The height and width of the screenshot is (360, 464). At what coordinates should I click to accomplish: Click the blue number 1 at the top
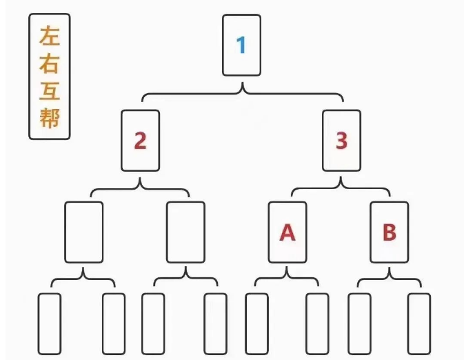click(241, 46)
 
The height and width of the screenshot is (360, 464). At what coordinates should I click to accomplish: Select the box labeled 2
click(140, 141)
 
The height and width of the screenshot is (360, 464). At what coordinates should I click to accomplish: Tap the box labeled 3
click(341, 141)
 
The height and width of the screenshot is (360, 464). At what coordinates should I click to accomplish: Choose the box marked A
click(288, 232)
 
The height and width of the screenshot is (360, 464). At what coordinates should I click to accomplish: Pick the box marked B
click(389, 232)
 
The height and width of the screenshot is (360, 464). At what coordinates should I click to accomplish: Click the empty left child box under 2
click(84, 232)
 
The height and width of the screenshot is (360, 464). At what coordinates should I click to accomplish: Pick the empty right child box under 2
click(185, 232)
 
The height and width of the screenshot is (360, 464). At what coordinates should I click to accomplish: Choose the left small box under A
click(256, 324)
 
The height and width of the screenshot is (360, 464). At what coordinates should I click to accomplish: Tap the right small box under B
click(418, 324)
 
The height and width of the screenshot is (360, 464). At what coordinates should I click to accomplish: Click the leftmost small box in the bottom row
click(49, 324)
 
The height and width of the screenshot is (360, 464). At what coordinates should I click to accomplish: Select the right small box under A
click(317, 324)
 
